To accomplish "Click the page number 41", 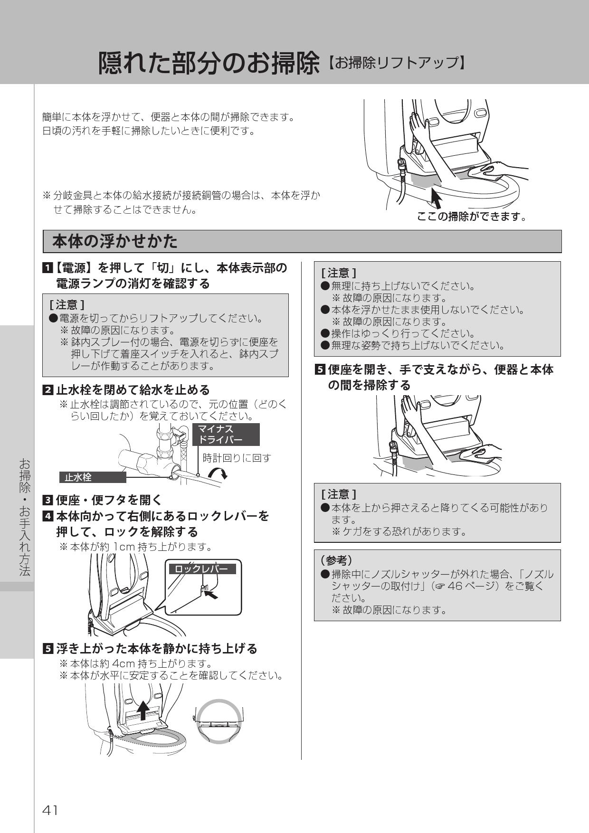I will (50, 810).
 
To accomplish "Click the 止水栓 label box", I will (92, 477).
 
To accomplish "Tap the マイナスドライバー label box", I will (227, 434).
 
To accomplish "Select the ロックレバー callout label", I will (201, 568).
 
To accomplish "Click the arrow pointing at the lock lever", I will (212, 593).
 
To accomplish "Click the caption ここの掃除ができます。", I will (472, 217).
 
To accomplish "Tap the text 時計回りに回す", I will (237, 458).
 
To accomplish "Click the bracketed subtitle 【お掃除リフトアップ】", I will (396, 63).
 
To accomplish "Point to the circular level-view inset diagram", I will (218, 720).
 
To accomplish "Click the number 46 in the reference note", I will (455, 586).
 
